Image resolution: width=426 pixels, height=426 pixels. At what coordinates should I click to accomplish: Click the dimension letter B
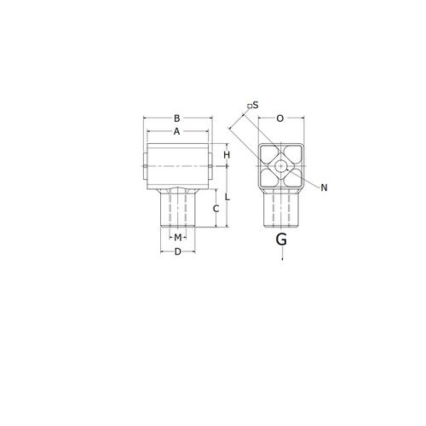pos(176,118)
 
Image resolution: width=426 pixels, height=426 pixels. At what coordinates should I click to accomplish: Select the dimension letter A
pos(176,131)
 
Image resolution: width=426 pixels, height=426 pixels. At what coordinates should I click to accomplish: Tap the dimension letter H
pos(227,155)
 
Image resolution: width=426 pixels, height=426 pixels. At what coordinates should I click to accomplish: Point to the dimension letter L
pos(227,197)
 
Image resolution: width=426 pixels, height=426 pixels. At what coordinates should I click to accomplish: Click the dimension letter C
pos(216,209)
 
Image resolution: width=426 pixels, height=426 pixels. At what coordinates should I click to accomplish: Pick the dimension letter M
pos(177,237)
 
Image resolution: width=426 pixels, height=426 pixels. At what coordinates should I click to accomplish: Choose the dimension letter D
pos(177,251)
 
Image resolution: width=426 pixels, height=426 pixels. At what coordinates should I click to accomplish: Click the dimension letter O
pos(280,118)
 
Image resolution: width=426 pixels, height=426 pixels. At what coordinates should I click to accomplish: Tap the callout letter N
pos(324,187)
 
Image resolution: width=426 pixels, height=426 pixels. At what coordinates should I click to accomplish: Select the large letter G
pos(281,239)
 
